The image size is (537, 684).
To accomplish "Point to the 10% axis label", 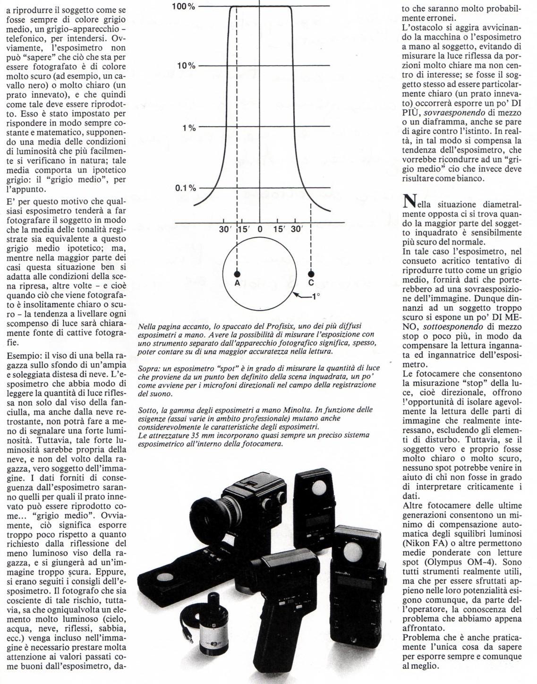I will [x=186, y=65].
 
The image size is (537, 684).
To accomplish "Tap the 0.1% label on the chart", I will [x=185, y=188].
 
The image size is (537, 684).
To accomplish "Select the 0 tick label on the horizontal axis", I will [x=260, y=229].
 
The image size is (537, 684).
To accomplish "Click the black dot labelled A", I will [x=237, y=274].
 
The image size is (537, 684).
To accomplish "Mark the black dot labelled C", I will [x=311, y=274].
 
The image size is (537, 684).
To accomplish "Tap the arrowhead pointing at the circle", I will [x=295, y=294].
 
